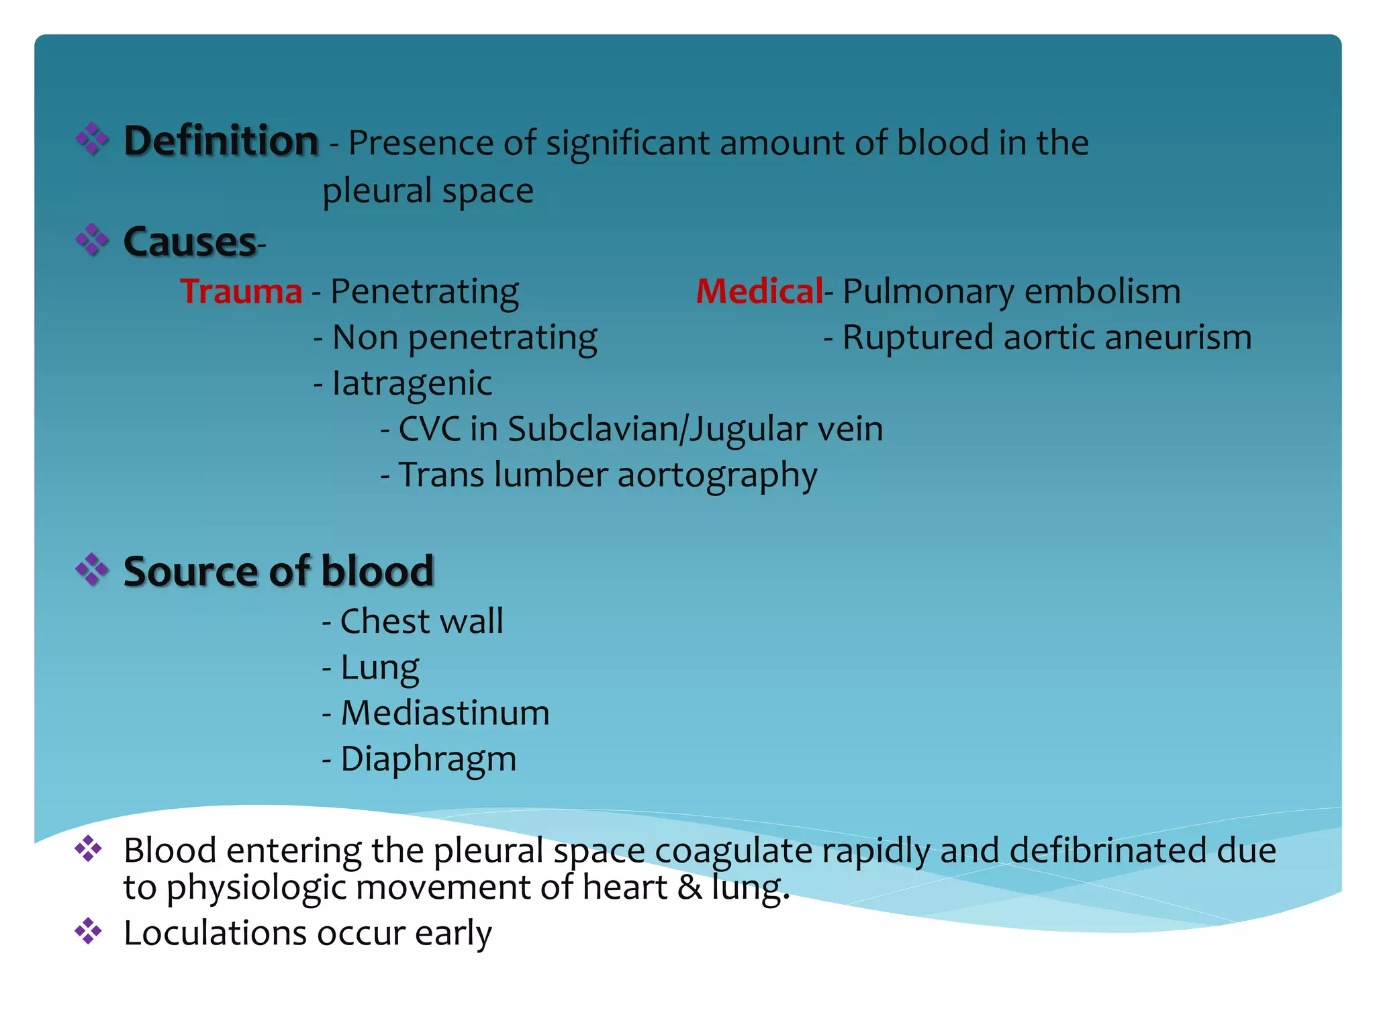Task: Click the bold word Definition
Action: [221, 142]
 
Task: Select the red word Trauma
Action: [241, 291]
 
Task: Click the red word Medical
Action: [759, 291]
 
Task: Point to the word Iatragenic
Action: [412, 383]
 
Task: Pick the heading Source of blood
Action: [279, 571]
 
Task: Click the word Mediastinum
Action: [445, 713]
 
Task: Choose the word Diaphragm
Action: [428, 759]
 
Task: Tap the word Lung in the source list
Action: [380, 667]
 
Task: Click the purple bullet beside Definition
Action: [92, 140]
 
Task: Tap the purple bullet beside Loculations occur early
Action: [88, 931]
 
